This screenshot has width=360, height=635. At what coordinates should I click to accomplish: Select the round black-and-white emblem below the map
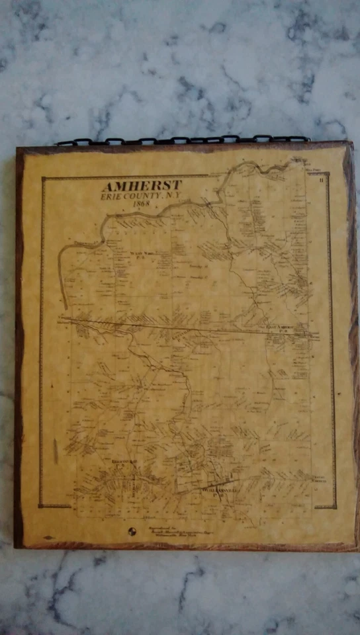pos(131,531)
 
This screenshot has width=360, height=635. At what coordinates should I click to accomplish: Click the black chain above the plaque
pos(182,140)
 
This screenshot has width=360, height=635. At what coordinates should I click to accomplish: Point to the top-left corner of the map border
pos(42,177)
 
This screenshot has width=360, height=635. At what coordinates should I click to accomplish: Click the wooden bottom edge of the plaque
pos(185,546)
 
